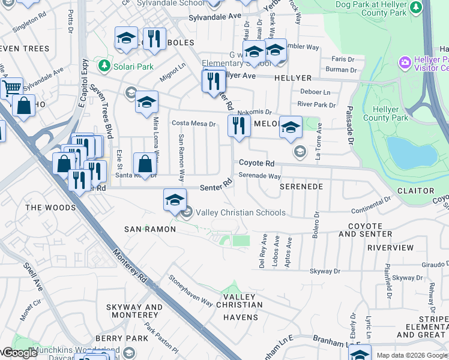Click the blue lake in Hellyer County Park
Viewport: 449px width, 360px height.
coord(411,152)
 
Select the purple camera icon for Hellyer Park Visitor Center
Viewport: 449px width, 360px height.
coord(405,62)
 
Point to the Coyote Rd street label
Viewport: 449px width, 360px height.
coord(257,163)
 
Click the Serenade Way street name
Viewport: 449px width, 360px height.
coord(260,176)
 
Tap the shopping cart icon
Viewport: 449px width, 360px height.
coord(11,89)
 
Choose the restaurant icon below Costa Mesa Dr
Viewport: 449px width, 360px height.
coord(239,126)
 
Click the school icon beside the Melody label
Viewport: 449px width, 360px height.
coord(291,127)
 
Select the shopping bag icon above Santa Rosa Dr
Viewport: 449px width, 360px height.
coord(145,163)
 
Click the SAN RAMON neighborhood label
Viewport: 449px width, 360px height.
coord(150,229)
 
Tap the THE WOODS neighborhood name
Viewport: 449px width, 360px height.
coord(51,208)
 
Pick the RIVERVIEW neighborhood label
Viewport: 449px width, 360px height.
coord(390,247)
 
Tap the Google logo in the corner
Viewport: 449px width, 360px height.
coord(19,352)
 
